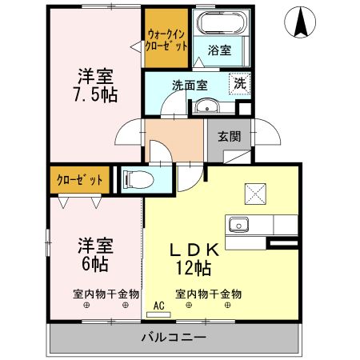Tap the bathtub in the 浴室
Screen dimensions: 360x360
[x=220, y=25]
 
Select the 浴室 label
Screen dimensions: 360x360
[x=221, y=50]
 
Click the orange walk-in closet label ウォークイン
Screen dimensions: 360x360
[x=166, y=34]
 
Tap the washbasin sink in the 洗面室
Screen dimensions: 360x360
[x=208, y=106]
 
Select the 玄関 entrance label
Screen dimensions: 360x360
[x=229, y=135]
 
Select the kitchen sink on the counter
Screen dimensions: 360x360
[x=240, y=224]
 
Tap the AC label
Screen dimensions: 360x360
[x=159, y=305]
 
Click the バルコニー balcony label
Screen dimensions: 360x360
[x=175, y=337]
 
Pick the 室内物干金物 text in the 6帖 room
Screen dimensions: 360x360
[x=106, y=294]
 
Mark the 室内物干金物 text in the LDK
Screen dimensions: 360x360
[x=209, y=294]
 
